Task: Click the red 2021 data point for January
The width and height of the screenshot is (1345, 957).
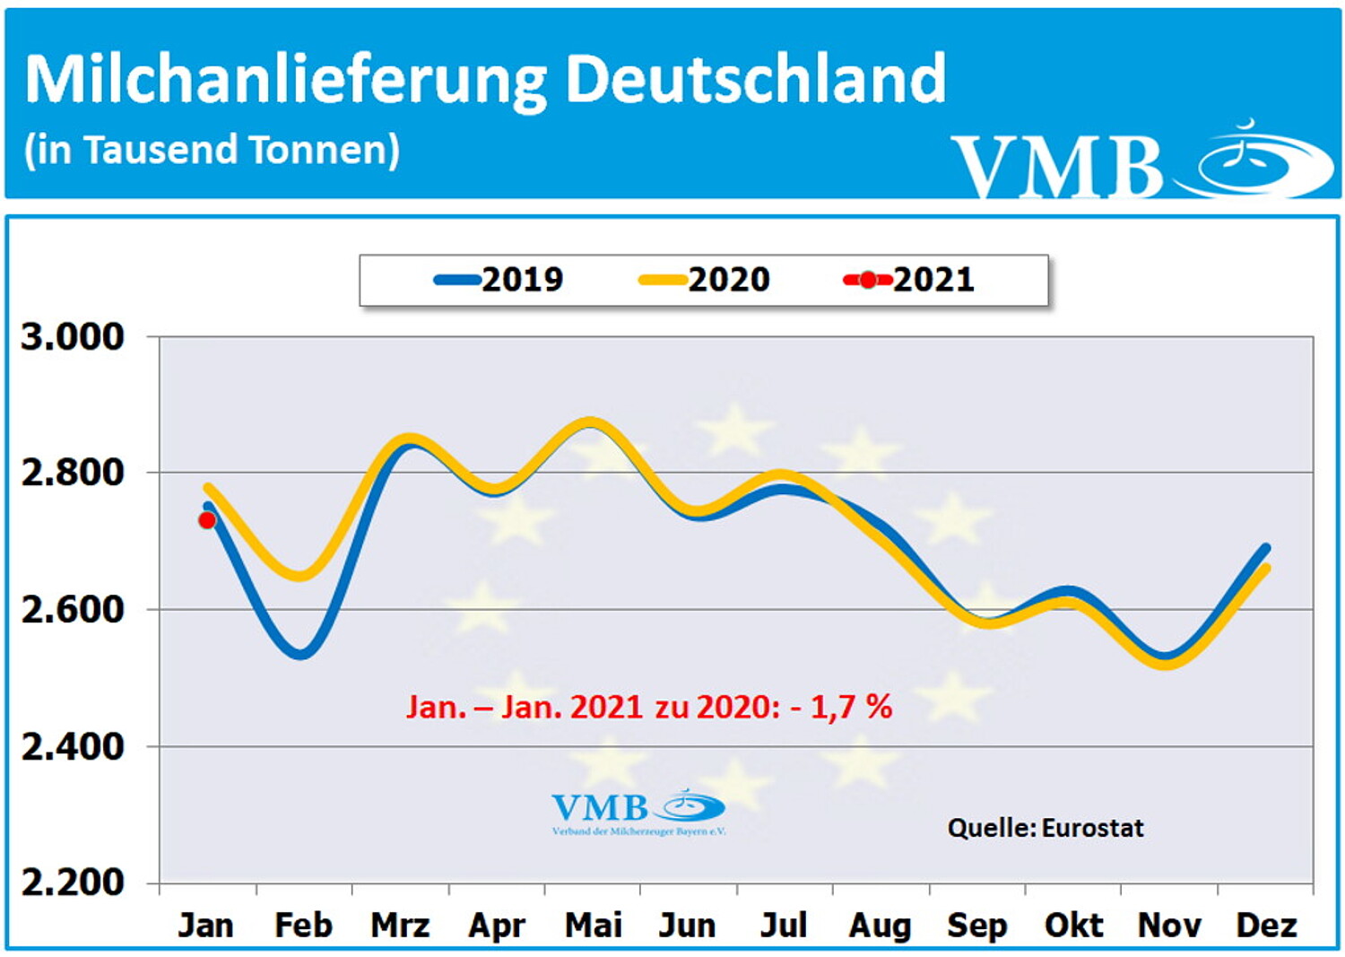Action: [x=207, y=520]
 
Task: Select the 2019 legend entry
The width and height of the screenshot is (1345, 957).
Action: [x=499, y=280]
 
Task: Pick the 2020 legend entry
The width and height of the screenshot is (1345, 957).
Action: [x=705, y=280]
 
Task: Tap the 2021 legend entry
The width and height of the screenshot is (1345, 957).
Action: [x=909, y=280]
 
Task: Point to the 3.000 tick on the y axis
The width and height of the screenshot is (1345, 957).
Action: [x=73, y=337]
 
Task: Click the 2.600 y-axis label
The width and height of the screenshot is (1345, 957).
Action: [x=73, y=609]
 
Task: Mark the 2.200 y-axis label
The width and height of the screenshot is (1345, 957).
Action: [x=73, y=883]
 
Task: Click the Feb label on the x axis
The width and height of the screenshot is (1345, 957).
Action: [x=303, y=925]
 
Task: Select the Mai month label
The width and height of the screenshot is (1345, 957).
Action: [x=593, y=925]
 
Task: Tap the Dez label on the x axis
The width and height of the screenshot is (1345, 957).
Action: [x=1266, y=925]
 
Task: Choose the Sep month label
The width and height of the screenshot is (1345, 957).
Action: [x=976, y=925]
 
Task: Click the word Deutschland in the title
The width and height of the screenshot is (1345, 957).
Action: [x=755, y=79]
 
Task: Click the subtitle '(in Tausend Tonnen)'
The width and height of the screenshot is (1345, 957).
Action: [x=212, y=150]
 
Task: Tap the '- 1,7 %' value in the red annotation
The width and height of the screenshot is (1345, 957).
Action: [x=842, y=707]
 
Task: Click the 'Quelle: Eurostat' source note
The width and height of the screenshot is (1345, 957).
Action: [x=1046, y=828]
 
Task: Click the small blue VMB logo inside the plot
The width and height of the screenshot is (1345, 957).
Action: [x=638, y=810]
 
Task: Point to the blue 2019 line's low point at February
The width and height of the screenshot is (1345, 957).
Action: [x=300, y=654]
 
